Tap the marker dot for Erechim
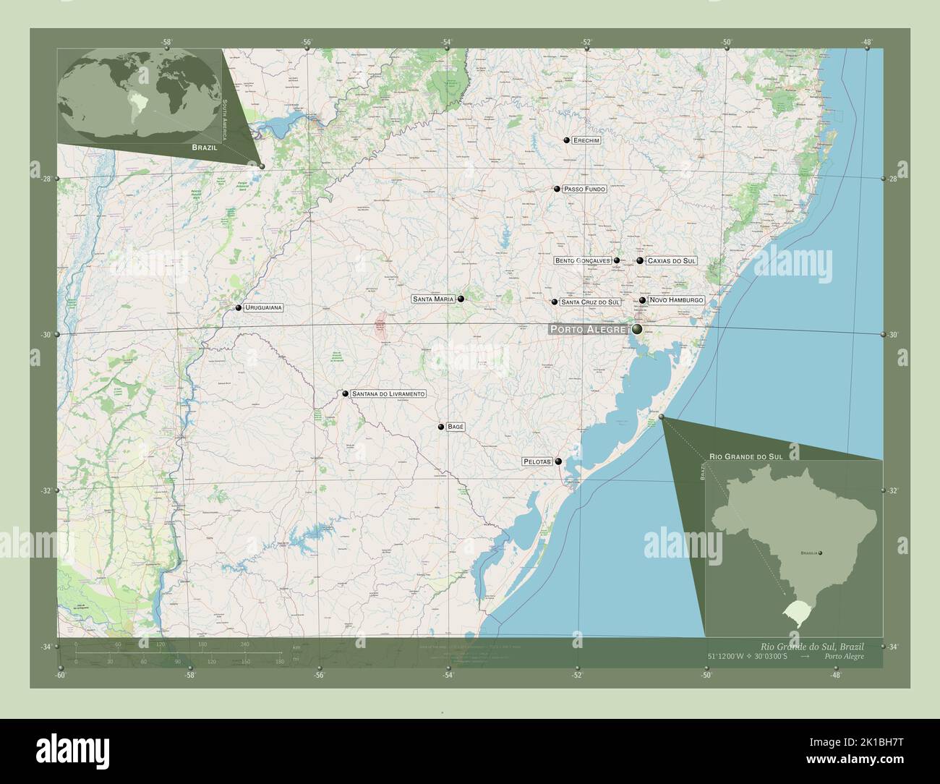coord(568,140)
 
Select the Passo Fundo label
coord(584,189)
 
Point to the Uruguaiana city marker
coord(238,308)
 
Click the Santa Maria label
coord(433,299)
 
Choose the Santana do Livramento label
coord(388,394)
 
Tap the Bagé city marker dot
coord(440,427)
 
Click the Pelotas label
coord(537,461)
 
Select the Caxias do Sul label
coord(672,260)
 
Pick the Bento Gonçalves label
coord(583,260)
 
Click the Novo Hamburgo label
coord(676,300)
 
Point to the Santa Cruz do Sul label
coord(591,302)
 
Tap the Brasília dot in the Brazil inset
coord(820,553)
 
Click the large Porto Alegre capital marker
coord(637,330)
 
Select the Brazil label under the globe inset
coord(205,147)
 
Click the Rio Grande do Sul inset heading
coord(745,457)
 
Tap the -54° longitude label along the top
coord(447,42)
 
